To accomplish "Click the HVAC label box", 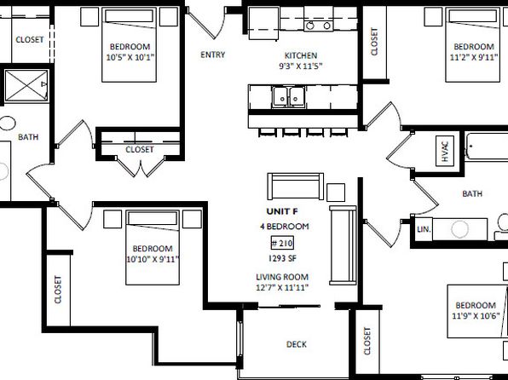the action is [x=445, y=151].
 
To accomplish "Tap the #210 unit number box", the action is [x=282, y=243].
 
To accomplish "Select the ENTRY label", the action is [x=212, y=55].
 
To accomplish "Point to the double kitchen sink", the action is [x=288, y=96].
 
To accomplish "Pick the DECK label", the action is [x=297, y=344].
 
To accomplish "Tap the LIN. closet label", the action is [x=424, y=229].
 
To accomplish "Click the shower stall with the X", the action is [x=26, y=85].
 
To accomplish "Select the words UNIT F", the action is [x=282, y=211].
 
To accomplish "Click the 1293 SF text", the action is [x=282, y=258].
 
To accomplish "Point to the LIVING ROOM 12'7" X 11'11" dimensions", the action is [x=282, y=282].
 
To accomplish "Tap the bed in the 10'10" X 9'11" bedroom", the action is [x=153, y=247].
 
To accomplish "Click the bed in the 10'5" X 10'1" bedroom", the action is [x=129, y=44].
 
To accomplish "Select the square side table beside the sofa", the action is [x=336, y=193].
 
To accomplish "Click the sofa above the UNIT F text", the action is [x=295, y=187].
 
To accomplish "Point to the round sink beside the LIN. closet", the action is [x=459, y=229].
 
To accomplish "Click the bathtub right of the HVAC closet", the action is [x=487, y=146].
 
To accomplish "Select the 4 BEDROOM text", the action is [x=285, y=226].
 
